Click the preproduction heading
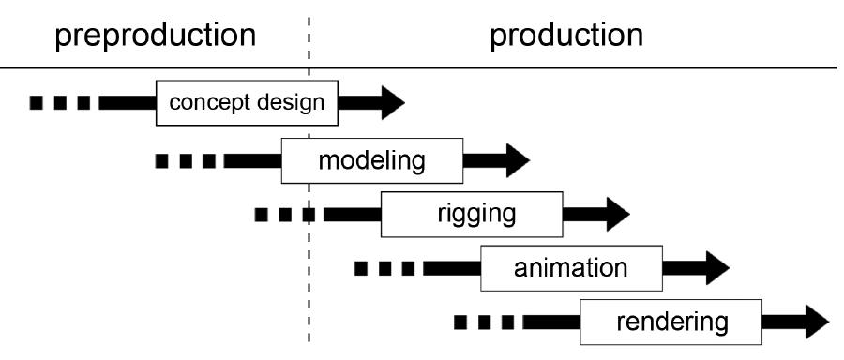155,37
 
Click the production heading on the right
566,37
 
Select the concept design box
247,103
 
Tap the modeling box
372,160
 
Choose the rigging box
472,214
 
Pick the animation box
572,268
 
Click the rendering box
671,322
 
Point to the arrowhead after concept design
392,103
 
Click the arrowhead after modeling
518,160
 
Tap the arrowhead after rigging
618,214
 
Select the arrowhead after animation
717,268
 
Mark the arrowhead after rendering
817,322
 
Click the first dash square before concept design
36,103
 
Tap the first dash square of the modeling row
161,160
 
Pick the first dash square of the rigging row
261,215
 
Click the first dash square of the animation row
361,268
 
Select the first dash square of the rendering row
460,322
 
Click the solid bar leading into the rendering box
551,322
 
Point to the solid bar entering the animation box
452,268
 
